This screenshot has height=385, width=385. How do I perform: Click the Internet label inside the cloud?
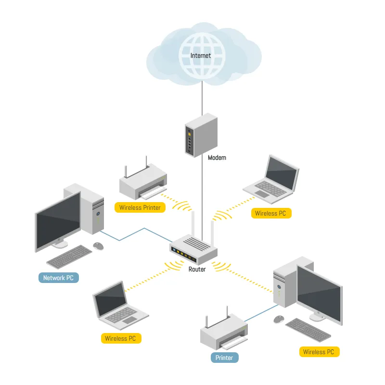click(201, 56)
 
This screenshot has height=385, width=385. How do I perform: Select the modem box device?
click(201, 134)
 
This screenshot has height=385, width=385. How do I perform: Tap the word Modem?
click(217, 158)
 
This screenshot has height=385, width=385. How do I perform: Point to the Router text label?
click(197, 269)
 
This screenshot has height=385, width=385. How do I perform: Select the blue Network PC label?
click(58, 278)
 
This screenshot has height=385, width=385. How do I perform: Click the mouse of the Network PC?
click(98, 245)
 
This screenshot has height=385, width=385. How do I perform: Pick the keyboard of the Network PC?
click(70, 257)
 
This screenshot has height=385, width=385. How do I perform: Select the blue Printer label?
click(224, 358)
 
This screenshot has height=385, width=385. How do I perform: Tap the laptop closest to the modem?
click(270, 178)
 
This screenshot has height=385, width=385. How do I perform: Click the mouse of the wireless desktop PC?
click(279, 319)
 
